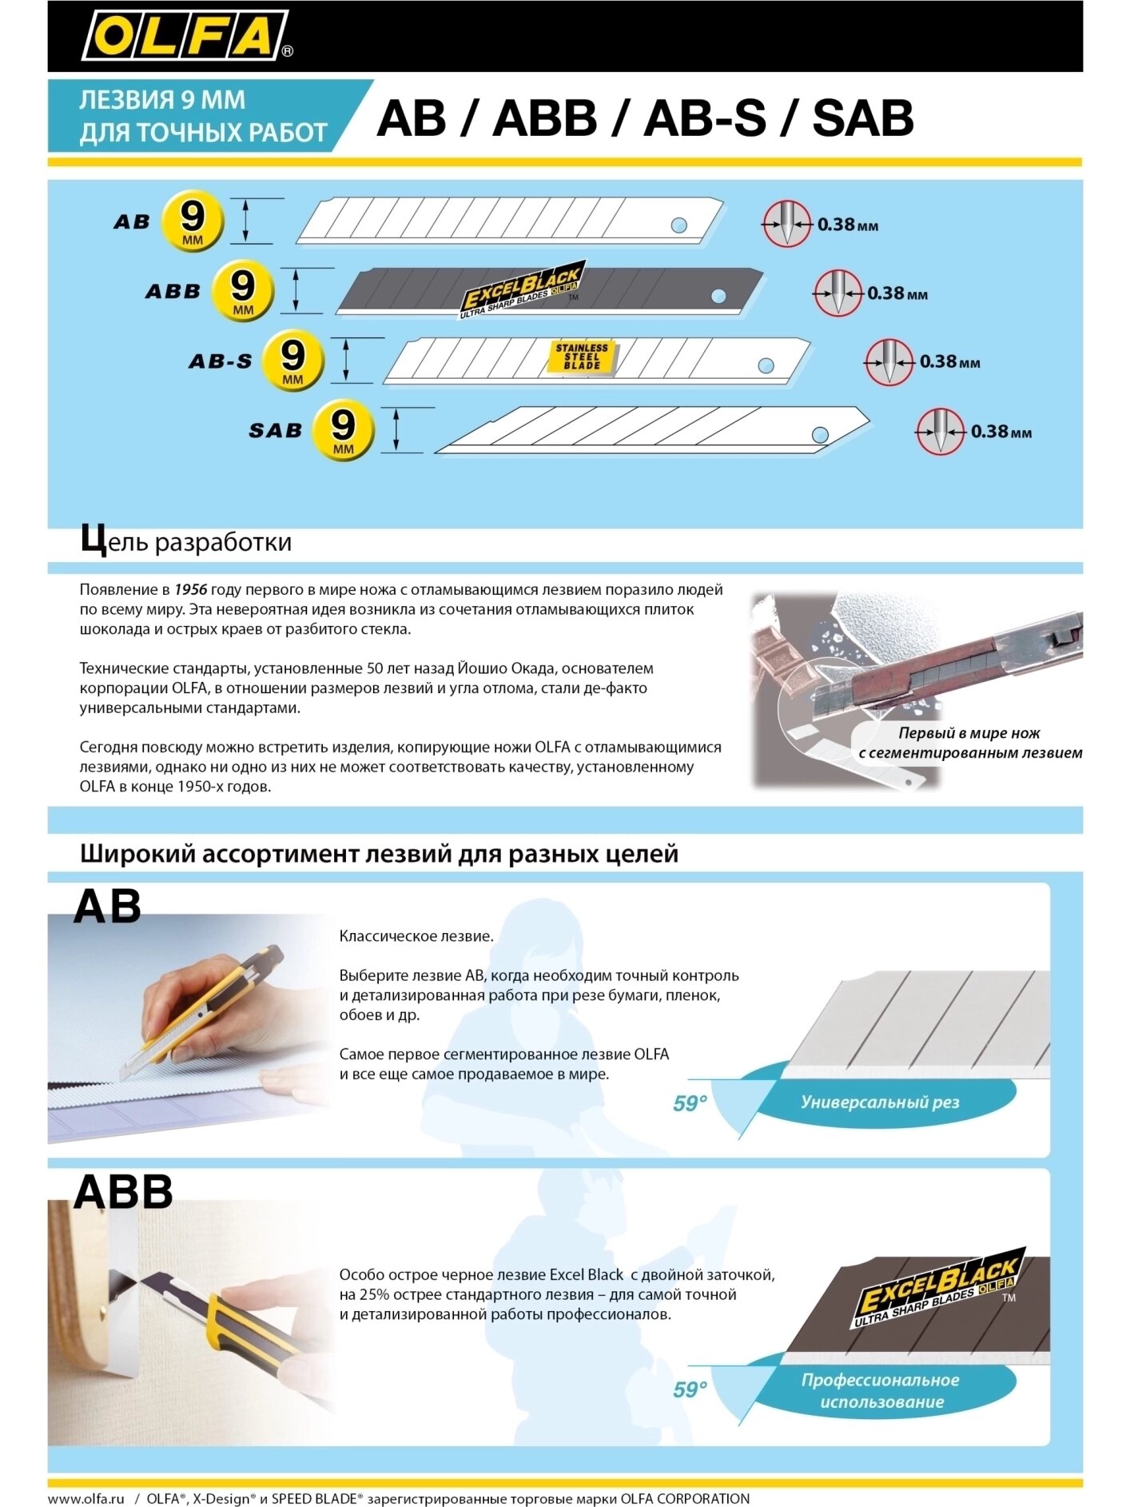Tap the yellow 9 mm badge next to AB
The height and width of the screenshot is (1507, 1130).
tap(193, 221)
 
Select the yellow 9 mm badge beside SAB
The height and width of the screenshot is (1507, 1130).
tap(343, 429)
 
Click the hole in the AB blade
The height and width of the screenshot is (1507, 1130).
tap(678, 225)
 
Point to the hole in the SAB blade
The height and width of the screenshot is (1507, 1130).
tap(820, 435)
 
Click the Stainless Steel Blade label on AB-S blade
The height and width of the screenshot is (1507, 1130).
tap(582, 357)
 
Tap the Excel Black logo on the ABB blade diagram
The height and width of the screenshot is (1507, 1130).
tap(522, 290)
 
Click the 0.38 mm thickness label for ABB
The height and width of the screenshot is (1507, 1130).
tap(897, 293)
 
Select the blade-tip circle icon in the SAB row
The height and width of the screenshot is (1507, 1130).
tap(940, 432)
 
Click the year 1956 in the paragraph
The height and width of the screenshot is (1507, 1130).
tap(191, 589)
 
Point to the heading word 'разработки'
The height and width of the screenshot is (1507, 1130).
tap(223, 542)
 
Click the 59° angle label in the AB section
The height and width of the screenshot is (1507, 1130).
tap(690, 1103)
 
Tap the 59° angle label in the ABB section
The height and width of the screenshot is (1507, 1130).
tap(690, 1389)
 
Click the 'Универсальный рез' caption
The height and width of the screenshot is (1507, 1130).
tap(880, 1102)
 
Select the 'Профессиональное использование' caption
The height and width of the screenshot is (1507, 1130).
tap(881, 1391)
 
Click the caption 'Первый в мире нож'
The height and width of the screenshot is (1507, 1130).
tap(969, 733)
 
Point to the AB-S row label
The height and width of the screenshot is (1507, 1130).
tap(221, 361)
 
